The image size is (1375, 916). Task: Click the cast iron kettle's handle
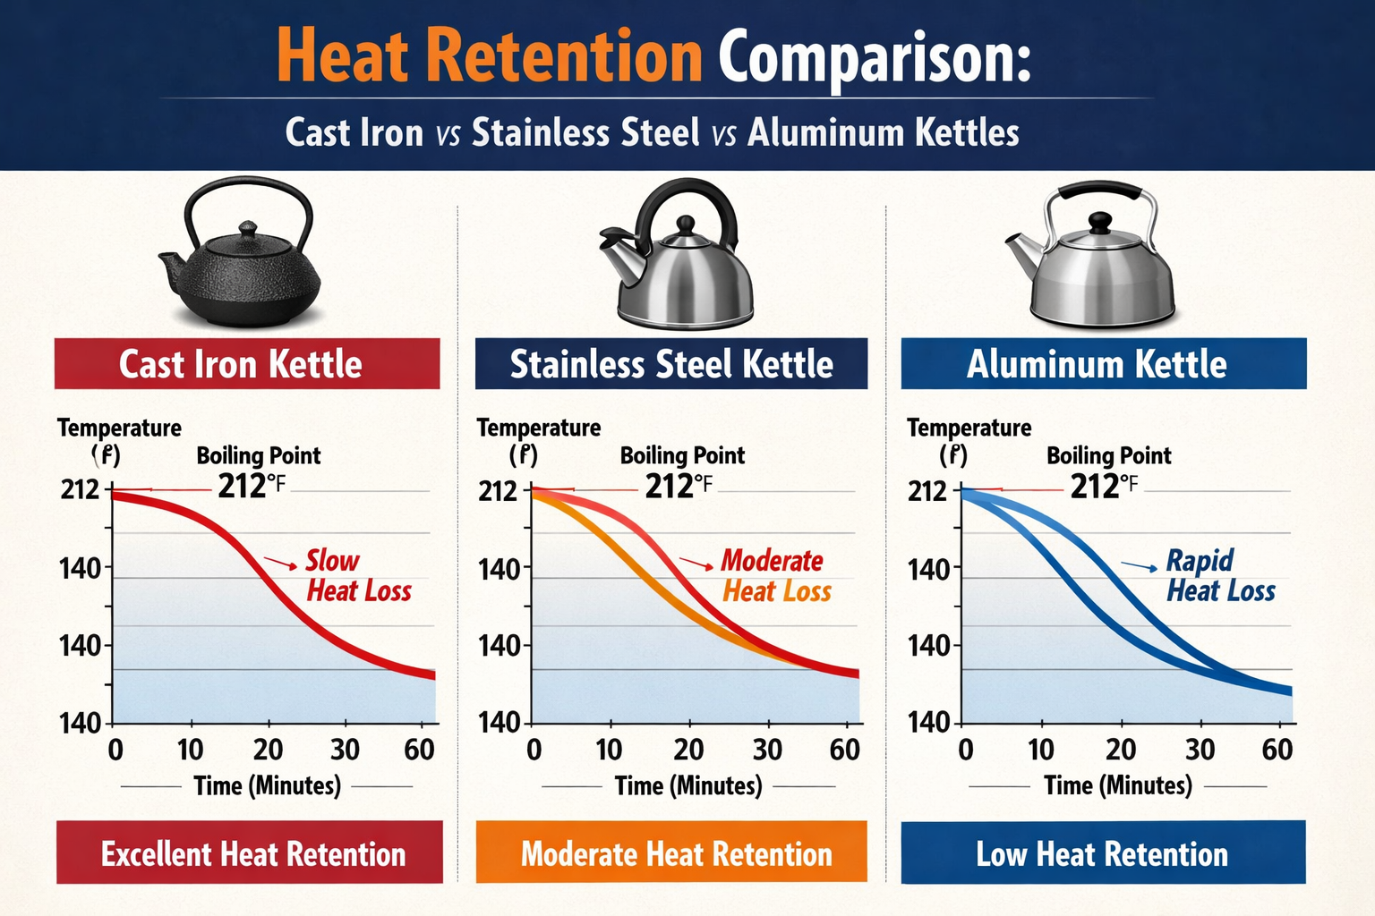coord(248,189)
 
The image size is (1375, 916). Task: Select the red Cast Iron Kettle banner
coord(247,364)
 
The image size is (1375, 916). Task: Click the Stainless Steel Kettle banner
coord(670,364)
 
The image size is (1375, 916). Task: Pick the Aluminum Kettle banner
coord(1103,364)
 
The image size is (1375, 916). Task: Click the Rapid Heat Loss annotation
coord(1219,575)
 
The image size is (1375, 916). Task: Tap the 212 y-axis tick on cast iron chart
coord(80,490)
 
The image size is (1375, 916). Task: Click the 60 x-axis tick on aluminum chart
coord(1277,750)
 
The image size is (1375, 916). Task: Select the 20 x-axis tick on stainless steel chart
coord(687,750)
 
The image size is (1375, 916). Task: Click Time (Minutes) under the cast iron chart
coord(267,786)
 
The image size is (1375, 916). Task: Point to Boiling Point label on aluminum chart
coord(1108,456)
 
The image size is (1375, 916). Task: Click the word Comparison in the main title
coord(874,57)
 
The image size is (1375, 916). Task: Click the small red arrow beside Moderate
coord(696,564)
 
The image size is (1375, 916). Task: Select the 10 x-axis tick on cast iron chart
coord(189,750)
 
